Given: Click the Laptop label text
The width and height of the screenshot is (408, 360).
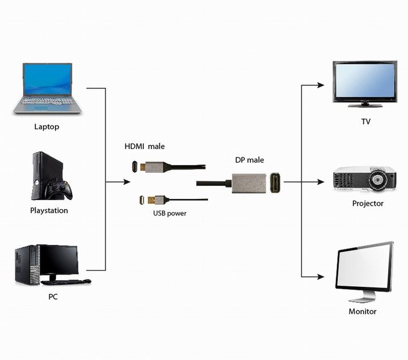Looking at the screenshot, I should [x=46, y=126].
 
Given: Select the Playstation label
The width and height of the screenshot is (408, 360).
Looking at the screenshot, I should [x=49, y=210].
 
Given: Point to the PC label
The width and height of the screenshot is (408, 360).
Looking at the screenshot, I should [x=53, y=297].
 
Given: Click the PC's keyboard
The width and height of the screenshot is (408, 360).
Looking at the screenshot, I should [x=66, y=282].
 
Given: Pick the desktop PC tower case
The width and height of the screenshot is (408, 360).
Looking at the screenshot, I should [x=26, y=265].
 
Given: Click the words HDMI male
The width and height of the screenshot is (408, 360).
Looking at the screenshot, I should [x=144, y=146].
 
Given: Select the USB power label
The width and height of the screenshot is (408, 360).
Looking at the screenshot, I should [x=169, y=213].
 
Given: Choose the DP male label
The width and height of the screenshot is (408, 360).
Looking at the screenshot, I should [x=249, y=160].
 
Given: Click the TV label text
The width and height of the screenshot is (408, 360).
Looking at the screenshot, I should [x=366, y=121].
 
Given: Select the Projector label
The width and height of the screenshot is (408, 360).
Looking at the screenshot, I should [x=368, y=204].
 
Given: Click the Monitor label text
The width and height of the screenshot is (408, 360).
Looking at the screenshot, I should [x=363, y=311].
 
